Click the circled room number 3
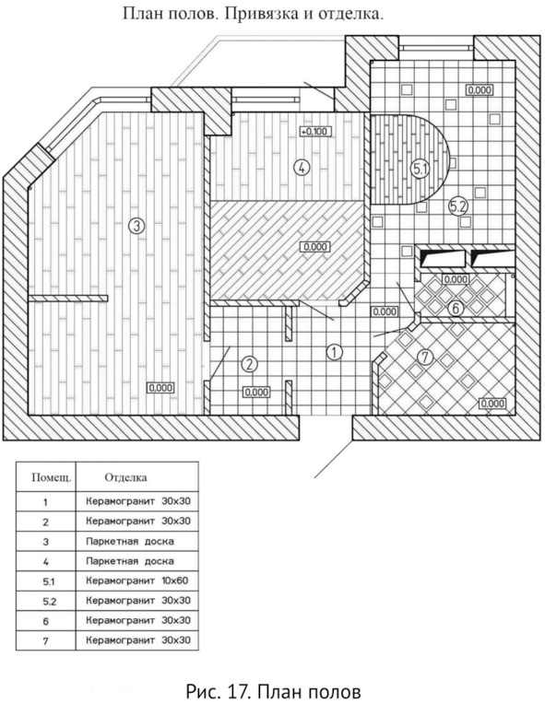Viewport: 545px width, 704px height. [136, 226]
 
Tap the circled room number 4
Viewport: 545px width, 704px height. [302, 168]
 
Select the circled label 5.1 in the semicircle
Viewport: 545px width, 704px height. [421, 169]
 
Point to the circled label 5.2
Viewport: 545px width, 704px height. [459, 206]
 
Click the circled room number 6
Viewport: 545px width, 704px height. [456, 309]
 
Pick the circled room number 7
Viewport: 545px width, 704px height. [424, 358]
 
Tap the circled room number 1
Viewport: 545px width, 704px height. [334, 352]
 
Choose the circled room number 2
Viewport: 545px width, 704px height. [249, 364]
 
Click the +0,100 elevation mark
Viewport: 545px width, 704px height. [316, 132]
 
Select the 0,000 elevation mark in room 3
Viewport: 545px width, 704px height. [160, 387]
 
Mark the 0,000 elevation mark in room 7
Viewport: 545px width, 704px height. [492, 404]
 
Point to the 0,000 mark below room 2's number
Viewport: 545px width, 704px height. [256, 393]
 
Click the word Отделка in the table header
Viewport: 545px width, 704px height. [125, 476]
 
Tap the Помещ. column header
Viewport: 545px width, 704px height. [52, 477]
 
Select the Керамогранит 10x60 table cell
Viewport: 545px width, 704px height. [137, 581]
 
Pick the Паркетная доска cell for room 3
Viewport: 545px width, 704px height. [130, 541]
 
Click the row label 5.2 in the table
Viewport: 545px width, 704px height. [50, 601]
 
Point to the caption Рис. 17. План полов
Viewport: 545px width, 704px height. [273, 691]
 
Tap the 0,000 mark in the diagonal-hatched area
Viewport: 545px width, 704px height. [315, 247]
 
